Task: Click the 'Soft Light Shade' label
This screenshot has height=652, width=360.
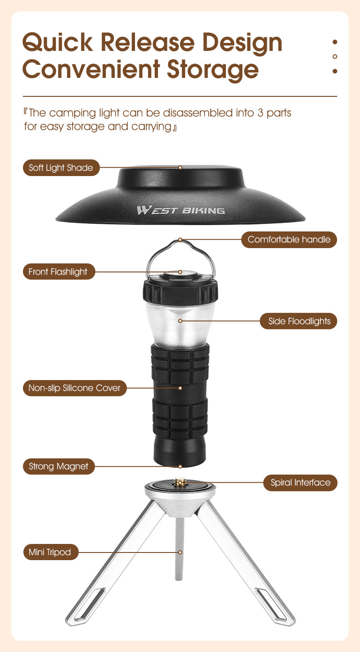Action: pyautogui.click(x=61, y=168)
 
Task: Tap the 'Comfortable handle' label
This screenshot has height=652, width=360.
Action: pyautogui.click(x=289, y=240)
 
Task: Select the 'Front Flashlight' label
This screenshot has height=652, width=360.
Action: pyautogui.click(x=58, y=272)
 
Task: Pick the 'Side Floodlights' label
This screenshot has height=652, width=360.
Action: pyautogui.click(x=299, y=321)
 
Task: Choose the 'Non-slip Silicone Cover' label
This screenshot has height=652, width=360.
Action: pyautogui.click(x=74, y=388)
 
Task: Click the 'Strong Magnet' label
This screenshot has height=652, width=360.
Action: pyautogui.click(x=58, y=466)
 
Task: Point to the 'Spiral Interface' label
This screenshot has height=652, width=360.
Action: pyautogui.click(x=300, y=483)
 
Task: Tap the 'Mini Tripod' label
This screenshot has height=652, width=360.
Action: pyautogui.click(x=50, y=552)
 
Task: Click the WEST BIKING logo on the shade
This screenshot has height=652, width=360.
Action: pyautogui.click(x=180, y=210)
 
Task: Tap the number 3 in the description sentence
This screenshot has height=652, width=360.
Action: pyautogui.click(x=260, y=113)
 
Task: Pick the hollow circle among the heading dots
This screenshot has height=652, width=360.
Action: pyautogui.click(x=334, y=56)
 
